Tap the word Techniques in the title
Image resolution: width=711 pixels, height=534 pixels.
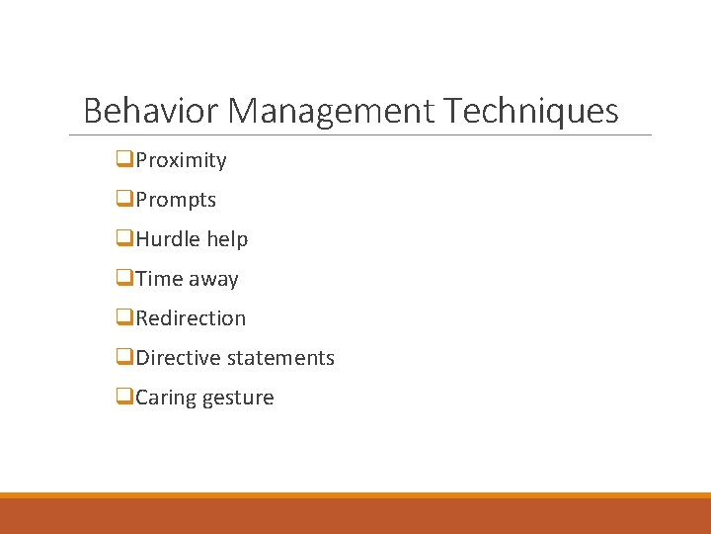[531, 110]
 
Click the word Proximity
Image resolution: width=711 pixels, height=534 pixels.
[182, 160]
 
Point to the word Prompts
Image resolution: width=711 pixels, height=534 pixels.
[176, 200]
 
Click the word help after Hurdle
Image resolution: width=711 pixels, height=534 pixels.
[227, 239]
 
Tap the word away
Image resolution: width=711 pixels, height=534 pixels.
[213, 279]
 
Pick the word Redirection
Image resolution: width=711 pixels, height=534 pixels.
[191, 318]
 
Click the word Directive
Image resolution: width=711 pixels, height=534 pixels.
[178, 358]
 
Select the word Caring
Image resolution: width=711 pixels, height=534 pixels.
[165, 398]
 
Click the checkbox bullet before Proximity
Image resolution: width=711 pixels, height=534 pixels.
[124, 159]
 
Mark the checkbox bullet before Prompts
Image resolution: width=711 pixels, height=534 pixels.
[124, 199]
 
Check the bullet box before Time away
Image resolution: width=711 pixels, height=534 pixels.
[124, 278]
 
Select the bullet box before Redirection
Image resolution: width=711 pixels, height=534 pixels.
[124, 317]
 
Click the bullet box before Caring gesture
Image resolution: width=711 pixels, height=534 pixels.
[124, 397]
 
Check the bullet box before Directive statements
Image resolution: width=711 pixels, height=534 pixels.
[124, 357]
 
